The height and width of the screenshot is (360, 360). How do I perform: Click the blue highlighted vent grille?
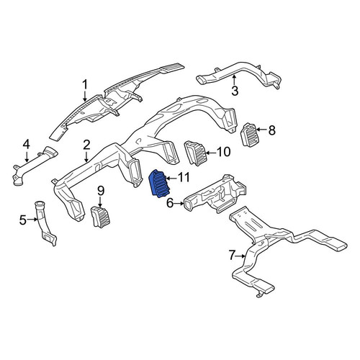click(159, 184)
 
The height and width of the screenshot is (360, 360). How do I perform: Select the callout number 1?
click(85, 85)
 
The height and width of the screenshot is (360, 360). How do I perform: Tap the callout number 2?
click(86, 145)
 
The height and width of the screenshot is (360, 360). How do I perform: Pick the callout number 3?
click(235, 91)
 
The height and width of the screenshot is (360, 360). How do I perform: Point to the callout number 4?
click(26, 145)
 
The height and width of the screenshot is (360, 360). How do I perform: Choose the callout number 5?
click(23, 220)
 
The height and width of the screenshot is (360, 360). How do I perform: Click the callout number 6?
click(170, 204)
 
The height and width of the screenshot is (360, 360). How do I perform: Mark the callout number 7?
click(231, 255)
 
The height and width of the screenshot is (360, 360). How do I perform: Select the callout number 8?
click(271, 130)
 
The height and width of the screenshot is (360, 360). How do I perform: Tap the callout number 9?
click(101, 192)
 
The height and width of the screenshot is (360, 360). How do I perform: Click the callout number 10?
click(223, 152)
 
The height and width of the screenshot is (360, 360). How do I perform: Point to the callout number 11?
click(184, 178)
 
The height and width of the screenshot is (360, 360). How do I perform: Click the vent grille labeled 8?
click(249, 135)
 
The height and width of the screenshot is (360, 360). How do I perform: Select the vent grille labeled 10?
click(194, 153)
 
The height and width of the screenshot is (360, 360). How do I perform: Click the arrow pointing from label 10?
click(210, 153)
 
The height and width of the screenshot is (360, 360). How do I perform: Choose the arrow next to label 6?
click(179, 204)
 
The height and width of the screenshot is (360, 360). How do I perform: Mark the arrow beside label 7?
click(240, 256)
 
